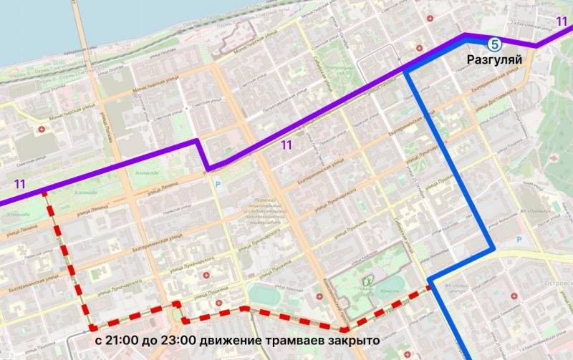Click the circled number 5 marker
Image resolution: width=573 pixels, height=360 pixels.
coord(494,42)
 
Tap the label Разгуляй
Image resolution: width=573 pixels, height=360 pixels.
coord(493,59)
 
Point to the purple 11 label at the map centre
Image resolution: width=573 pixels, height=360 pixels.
coord(286,145)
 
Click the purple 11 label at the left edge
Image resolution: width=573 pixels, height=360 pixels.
coord(19,184)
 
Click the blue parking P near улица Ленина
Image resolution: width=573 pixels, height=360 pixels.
coord(216,185)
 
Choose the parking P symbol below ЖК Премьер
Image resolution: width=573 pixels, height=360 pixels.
coord(520,240)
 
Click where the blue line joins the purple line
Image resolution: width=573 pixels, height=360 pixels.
coord(405,71)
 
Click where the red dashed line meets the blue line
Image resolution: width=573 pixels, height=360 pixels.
coord(430,286)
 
